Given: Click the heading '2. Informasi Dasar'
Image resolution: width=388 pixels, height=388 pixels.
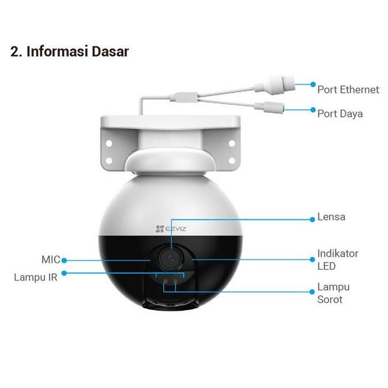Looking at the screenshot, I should pyautogui.click(x=70, y=52).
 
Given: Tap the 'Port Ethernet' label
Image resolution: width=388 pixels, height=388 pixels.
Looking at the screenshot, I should pyautogui.click(x=348, y=89).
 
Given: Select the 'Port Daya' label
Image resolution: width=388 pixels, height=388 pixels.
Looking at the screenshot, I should pyautogui.click(x=340, y=114).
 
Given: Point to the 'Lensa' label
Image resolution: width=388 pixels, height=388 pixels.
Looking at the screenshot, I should pyautogui.click(x=331, y=217).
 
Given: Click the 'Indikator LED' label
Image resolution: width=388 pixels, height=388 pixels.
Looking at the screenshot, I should pyautogui.click(x=337, y=259).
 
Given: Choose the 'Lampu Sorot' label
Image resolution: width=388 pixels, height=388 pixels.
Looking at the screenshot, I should pyautogui.click(x=333, y=293).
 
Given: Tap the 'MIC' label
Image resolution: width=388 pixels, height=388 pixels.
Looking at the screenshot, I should pyautogui.click(x=50, y=260).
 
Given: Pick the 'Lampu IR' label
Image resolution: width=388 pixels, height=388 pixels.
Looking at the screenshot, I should pyautogui.click(x=35, y=277).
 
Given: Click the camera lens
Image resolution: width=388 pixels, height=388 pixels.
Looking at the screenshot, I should pyautogui.click(x=170, y=258).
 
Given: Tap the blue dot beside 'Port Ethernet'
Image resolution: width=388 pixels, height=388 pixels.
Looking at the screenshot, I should pyautogui.click(x=313, y=84).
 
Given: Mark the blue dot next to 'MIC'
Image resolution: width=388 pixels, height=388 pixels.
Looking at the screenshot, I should pyautogui.click(x=65, y=260).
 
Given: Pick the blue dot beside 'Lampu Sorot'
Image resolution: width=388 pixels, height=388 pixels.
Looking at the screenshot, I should pyautogui.click(x=313, y=291).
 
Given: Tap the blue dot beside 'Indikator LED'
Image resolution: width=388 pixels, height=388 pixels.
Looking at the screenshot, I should pyautogui.click(x=313, y=259).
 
